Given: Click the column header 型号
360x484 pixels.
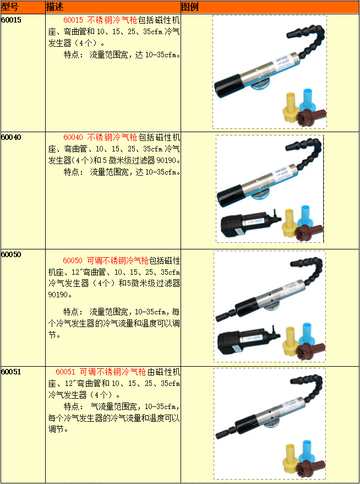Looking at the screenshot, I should (x=10, y=7).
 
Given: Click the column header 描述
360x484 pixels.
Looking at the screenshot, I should (x=54, y=7).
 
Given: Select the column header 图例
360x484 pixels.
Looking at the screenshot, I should (x=190, y=7).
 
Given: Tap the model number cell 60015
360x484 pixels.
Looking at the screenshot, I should (x=11, y=20).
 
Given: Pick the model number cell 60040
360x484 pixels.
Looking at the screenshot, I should (x=11, y=137).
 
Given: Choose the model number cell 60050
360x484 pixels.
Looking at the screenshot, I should (x=11, y=254).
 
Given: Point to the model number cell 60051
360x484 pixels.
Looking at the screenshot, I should (x=11, y=372).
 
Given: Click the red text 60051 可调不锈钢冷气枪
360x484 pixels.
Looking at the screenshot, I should (x=101, y=372).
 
